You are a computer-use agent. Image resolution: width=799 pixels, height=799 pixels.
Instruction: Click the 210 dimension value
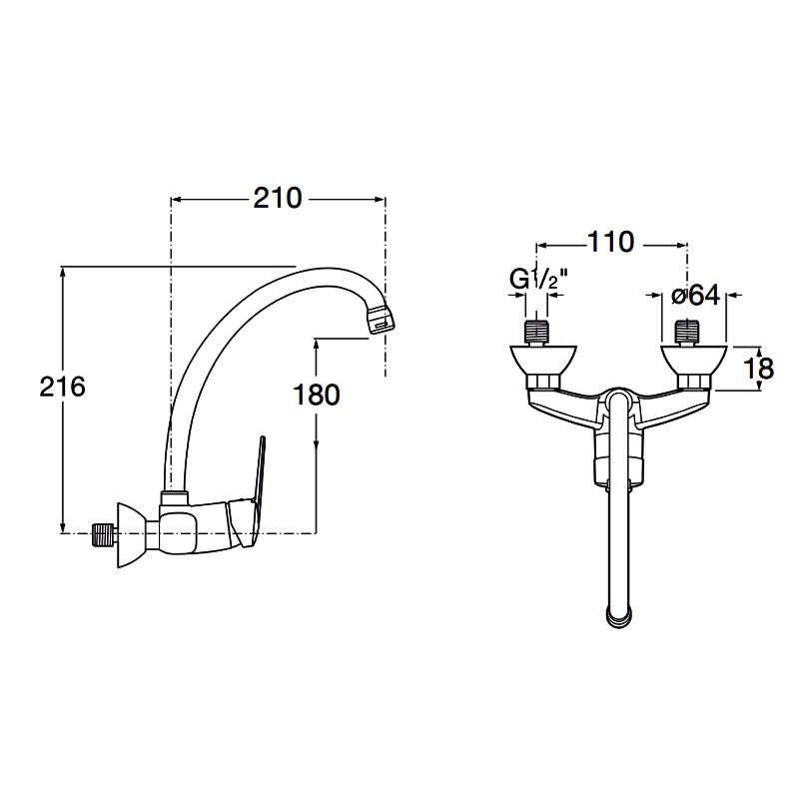point(278,199)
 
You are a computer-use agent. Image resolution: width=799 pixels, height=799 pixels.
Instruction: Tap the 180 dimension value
point(318,394)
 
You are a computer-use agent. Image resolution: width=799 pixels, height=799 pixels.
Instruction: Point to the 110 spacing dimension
point(611,242)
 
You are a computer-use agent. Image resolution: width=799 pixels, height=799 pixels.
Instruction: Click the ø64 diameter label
point(695,296)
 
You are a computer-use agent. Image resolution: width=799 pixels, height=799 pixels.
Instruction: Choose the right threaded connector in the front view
point(688,331)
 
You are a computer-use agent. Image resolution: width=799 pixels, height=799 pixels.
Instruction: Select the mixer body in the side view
point(200,524)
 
